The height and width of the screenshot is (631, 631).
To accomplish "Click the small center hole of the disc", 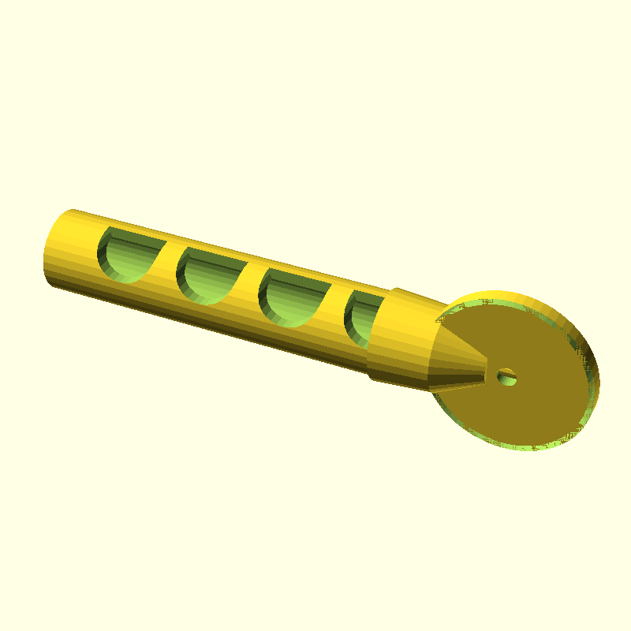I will tap(506, 377).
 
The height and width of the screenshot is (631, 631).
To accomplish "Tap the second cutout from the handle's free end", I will tap(207, 274).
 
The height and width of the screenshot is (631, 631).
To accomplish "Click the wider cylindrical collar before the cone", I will tap(398, 339).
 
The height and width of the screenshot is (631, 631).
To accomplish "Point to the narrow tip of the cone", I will tap(485, 374).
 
